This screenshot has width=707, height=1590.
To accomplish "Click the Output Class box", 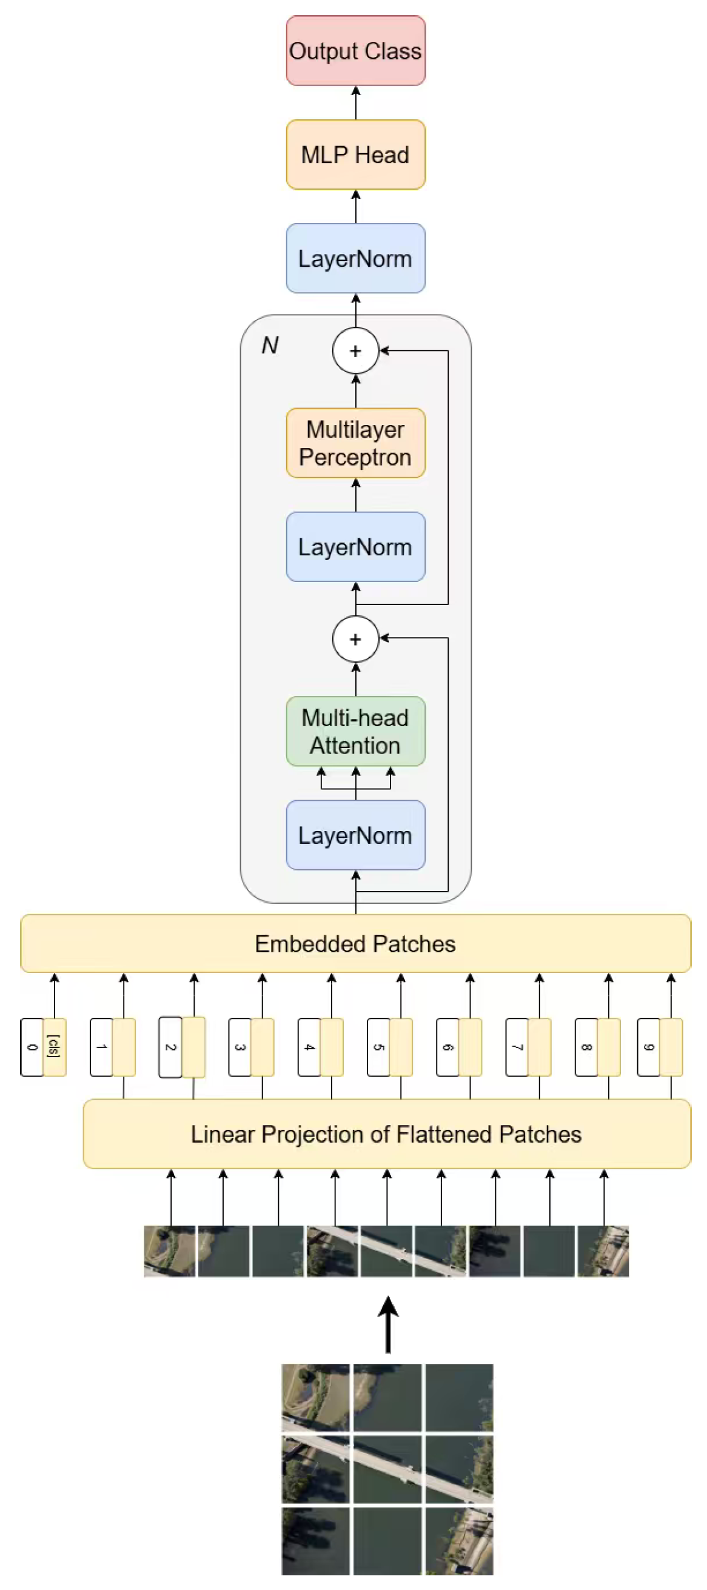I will pos(355,50).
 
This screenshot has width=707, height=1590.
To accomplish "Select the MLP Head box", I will pos(355,155).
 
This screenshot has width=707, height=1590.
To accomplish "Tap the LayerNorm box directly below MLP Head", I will pos(355,258).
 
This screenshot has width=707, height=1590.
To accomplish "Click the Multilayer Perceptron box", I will pos(355,443).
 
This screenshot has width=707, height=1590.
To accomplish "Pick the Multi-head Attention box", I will pos(355,731).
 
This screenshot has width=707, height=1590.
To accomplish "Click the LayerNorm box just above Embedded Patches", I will pos(355,835).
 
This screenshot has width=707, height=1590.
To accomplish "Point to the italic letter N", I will pos(270,345).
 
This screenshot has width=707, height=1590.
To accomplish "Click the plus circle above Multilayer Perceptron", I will pos(355,350).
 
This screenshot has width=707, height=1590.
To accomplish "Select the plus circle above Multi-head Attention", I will pos(355,639).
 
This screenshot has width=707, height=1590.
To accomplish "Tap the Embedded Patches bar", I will pos(355,943).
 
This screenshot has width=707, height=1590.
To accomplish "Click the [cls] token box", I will pos(55,1047).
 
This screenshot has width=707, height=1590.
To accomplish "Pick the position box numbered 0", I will pos(32,1047).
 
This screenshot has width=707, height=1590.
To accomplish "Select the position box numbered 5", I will pos(378,1047).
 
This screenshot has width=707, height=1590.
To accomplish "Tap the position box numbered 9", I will pos(648,1047).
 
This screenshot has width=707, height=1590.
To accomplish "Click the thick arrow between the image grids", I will pos(388,1324).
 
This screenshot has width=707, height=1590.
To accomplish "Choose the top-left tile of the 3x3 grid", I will pos(315,1397).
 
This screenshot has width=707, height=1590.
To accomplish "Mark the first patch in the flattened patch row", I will pos(169,1251).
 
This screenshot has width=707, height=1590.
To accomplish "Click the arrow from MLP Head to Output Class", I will pos(356,102).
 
